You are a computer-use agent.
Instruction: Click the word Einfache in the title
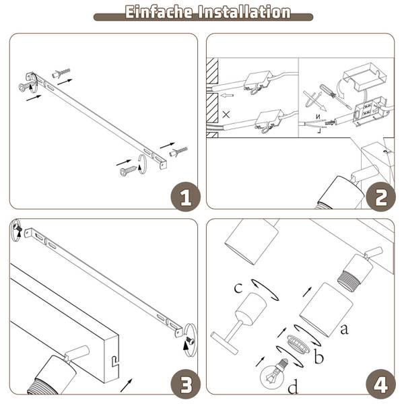159,12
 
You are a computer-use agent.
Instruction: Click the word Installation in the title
244,12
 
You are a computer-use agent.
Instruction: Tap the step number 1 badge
186,197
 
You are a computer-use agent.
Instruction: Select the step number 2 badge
381,197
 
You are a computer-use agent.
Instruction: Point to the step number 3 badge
186,384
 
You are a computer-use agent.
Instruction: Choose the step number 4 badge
381,384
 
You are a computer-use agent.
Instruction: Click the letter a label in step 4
344,329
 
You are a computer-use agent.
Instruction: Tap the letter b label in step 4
319,356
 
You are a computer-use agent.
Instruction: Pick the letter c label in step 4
238,288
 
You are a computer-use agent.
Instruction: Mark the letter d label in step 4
293,386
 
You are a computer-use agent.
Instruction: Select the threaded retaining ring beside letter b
298,343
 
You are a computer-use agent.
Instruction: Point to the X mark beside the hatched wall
226,114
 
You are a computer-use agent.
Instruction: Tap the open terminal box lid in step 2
364,76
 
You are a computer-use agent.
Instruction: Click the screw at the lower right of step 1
128,170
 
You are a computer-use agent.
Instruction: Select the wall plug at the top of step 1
61,73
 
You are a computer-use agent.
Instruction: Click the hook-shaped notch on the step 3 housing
115,361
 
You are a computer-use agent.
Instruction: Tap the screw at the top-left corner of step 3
19,228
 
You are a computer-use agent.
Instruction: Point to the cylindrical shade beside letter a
327,310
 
